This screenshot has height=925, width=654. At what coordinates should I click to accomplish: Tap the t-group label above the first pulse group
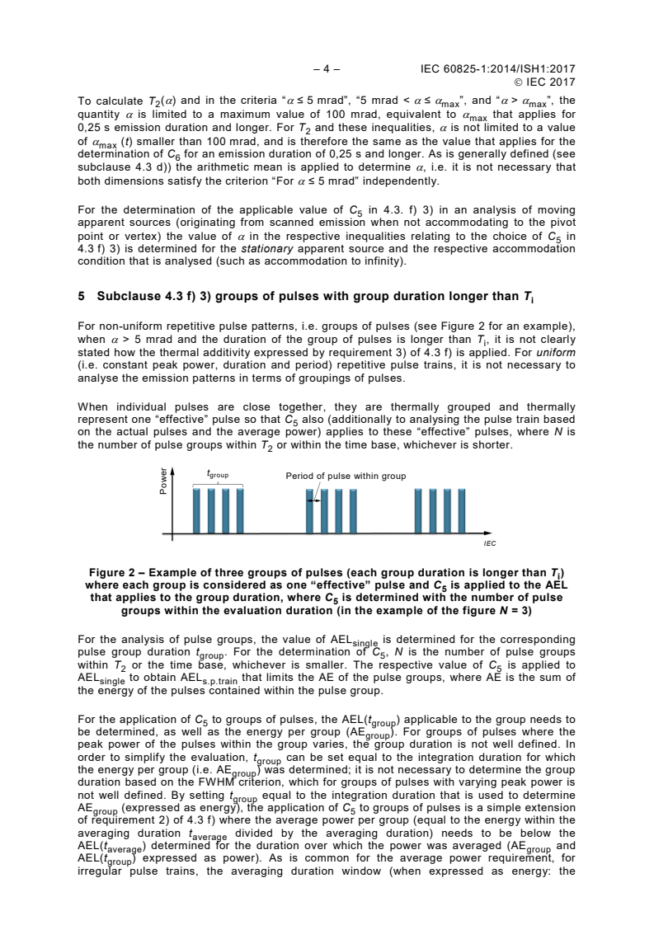point(218,476)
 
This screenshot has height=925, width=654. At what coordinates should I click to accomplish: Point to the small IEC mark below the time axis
point(488,545)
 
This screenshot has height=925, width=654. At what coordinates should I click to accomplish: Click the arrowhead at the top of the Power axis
point(172,471)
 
